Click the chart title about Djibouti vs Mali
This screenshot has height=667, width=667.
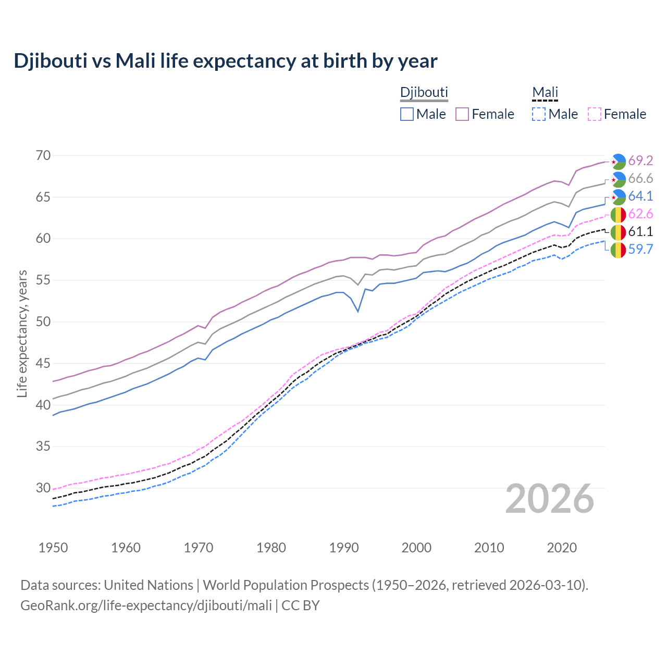[x=225, y=61]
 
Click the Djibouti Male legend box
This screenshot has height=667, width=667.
[x=407, y=114]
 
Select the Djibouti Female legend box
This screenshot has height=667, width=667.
[x=462, y=114]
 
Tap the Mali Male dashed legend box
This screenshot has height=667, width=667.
[x=539, y=114]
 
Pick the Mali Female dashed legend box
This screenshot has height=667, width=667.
[x=595, y=114]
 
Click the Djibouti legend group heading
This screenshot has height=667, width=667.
[x=424, y=92]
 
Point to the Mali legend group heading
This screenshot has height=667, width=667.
[x=545, y=92]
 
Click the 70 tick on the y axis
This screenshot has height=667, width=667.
[x=44, y=155]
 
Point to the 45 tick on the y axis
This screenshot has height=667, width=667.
[x=44, y=363]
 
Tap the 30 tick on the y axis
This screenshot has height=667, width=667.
[x=44, y=488]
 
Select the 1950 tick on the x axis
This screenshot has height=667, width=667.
[x=53, y=548]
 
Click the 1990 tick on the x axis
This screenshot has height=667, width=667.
[x=344, y=548]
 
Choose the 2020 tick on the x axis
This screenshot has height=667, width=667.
[x=562, y=548]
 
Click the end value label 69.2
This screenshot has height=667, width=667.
[x=640, y=160]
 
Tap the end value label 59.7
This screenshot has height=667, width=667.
[x=640, y=249]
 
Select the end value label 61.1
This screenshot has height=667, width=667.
[x=640, y=231]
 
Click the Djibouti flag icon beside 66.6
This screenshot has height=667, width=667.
[x=618, y=179]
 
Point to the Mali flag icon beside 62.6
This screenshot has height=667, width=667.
[x=618, y=214]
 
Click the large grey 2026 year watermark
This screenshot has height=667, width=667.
[x=550, y=499]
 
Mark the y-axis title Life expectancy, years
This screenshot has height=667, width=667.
[x=22, y=333]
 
